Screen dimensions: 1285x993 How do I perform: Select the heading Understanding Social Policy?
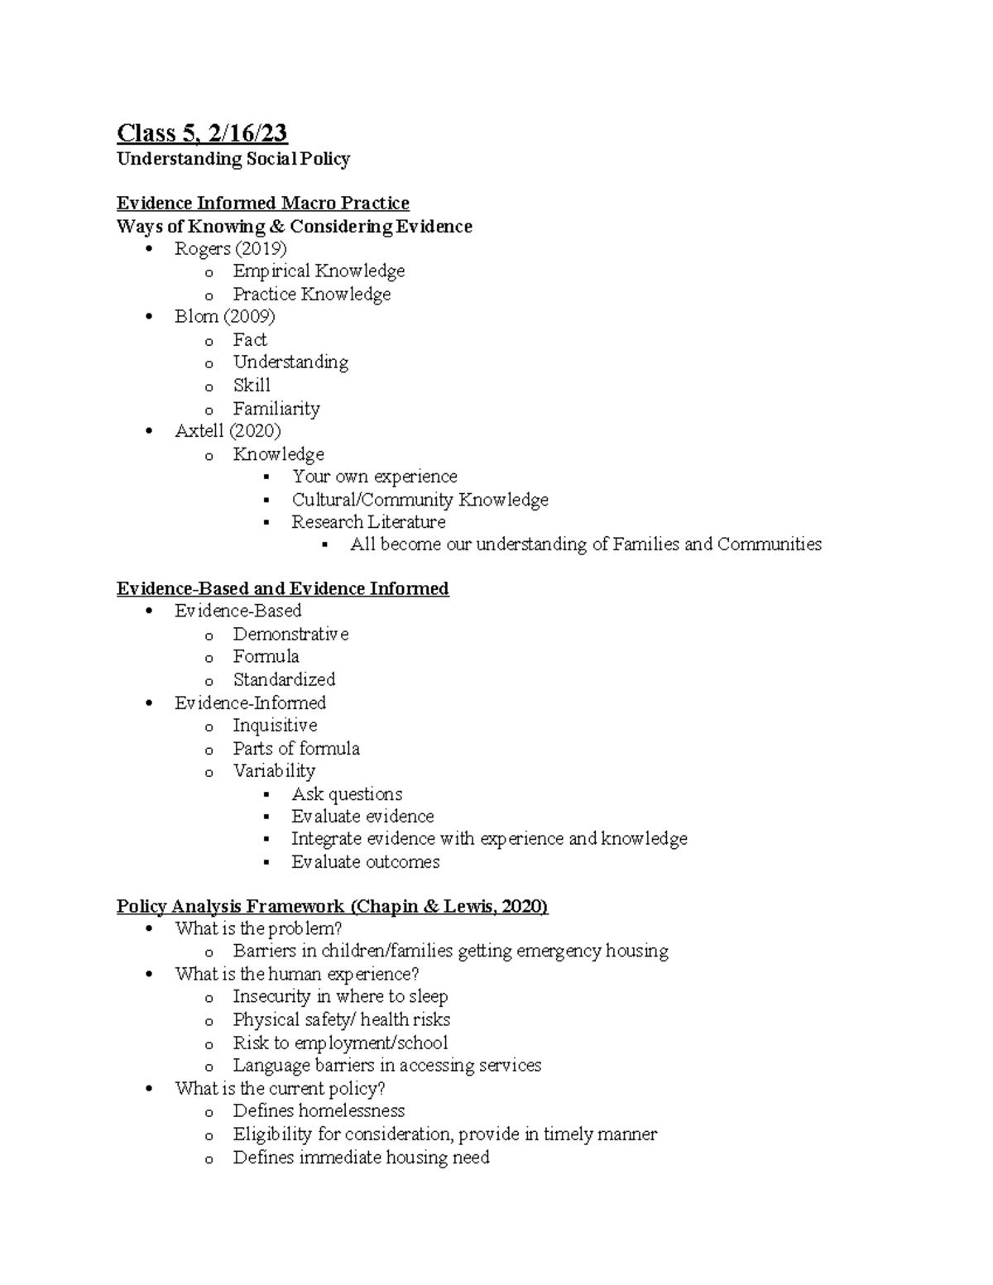pyautogui.click(x=233, y=159)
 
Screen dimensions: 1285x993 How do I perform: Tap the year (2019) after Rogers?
pyautogui.click(x=261, y=248)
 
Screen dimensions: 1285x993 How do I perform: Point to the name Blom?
pyautogui.click(x=196, y=317)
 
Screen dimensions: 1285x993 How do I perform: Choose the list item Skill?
pyautogui.click(x=252, y=386)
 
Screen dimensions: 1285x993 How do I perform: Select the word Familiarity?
pyautogui.click(x=276, y=409)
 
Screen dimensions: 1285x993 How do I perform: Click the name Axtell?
pyautogui.click(x=199, y=431)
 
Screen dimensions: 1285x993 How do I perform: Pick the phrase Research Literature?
pyautogui.click(x=368, y=522)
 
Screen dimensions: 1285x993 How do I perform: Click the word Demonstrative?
pyautogui.click(x=290, y=635)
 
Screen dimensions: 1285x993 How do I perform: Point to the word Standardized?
pyautogui.click(x=284, y=680)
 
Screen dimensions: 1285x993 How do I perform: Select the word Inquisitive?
pyautogui.click(x=275, y=726)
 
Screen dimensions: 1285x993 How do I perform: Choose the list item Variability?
pyautogui.click(x=274, y=771)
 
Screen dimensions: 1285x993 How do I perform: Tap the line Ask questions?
pyautogui.click(x=347, y=794)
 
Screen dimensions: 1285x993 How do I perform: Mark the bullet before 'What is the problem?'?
pyautogui.click(x=149, y=929)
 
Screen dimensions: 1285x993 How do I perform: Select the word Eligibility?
pyautogui.click(x=272, y=1134)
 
